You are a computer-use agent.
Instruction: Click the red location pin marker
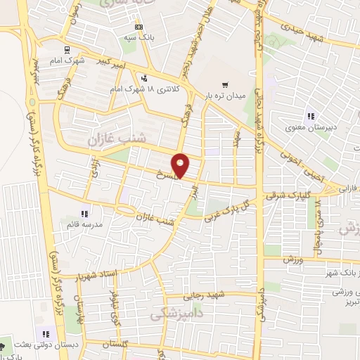pyautogui.click(x=181, y=165)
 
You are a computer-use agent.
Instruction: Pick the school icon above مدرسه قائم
pyautogui.click(x=84, y=213)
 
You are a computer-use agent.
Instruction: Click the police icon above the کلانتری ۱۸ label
pyautogui.click(x=144, y=79)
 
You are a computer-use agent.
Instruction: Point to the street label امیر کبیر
pyautogui.click(x=115, y=63)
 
